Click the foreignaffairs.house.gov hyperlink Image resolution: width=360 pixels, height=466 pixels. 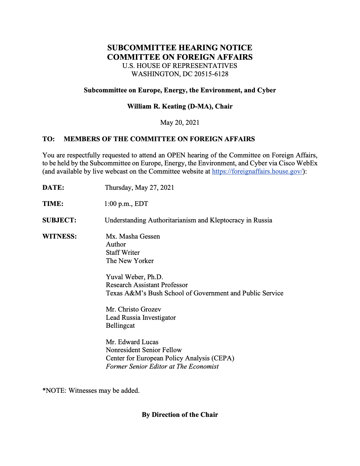tap(257, 172)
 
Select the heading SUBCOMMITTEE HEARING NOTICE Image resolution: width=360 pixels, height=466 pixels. tap(180, 48)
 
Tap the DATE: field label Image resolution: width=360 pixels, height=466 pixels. tap(53, 188)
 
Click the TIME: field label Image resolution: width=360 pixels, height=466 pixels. tap(53, 204)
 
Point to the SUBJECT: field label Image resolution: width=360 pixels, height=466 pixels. tap(59, 220)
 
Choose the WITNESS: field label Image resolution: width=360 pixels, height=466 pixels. tap(60, 237)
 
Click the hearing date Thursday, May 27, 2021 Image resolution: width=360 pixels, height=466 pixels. tap(139, 188)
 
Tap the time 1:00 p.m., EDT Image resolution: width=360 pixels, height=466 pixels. tap(126, 204)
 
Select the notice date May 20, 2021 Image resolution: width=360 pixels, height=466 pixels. tap(180, 123)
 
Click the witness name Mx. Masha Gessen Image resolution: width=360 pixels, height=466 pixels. tap(133, 237)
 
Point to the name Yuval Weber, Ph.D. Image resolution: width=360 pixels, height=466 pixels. tap(134, 277)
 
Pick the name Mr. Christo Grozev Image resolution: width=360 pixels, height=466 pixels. tap(134, 309)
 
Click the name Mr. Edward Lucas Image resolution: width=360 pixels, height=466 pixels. tap(132, 342)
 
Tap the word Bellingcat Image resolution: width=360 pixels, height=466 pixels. tap(120, 326)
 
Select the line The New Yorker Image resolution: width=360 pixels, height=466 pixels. tap(130, 261)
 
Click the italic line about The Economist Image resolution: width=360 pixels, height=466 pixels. tap(162, 367)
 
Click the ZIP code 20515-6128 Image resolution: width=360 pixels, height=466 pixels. tap(211, 74)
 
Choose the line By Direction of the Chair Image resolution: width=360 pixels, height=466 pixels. tap(180, 415)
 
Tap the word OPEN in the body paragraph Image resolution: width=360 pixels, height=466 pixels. tap(176, 155)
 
